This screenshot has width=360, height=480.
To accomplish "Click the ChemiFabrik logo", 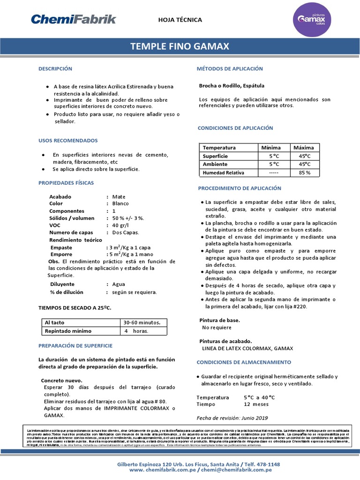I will click(73, 19).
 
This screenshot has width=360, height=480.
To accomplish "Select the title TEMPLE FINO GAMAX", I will click(180, 46).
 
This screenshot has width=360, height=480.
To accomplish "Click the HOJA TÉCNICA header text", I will click(180, 20).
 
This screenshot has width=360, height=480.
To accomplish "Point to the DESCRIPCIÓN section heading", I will click(55, 68).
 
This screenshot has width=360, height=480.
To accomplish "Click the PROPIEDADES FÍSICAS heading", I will click(66, 182).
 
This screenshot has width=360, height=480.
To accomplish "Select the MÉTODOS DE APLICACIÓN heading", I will click(230, 68).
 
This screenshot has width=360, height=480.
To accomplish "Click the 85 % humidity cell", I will click(304, 172).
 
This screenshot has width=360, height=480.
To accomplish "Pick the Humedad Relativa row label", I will click(224, 172).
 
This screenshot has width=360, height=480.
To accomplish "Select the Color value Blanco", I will click(120, 203).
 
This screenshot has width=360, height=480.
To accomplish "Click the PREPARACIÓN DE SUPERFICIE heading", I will click(75, 345).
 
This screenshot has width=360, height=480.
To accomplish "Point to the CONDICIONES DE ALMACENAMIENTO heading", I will click(244, 362).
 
